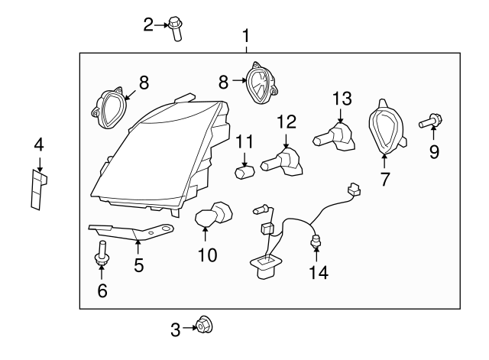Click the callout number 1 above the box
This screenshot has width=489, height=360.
click(246, 35)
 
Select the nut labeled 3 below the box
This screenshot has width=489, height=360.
click(203, 326)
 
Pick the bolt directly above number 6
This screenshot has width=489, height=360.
click(100, 255)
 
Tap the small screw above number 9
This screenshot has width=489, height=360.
click(432, 121)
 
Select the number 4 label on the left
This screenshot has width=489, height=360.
click(38, 144)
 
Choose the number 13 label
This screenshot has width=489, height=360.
click(342, 97)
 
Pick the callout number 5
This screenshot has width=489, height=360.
click(138, 265)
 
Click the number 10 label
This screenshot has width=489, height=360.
click(206, 255)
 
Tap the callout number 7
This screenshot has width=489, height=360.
click(384, 180)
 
